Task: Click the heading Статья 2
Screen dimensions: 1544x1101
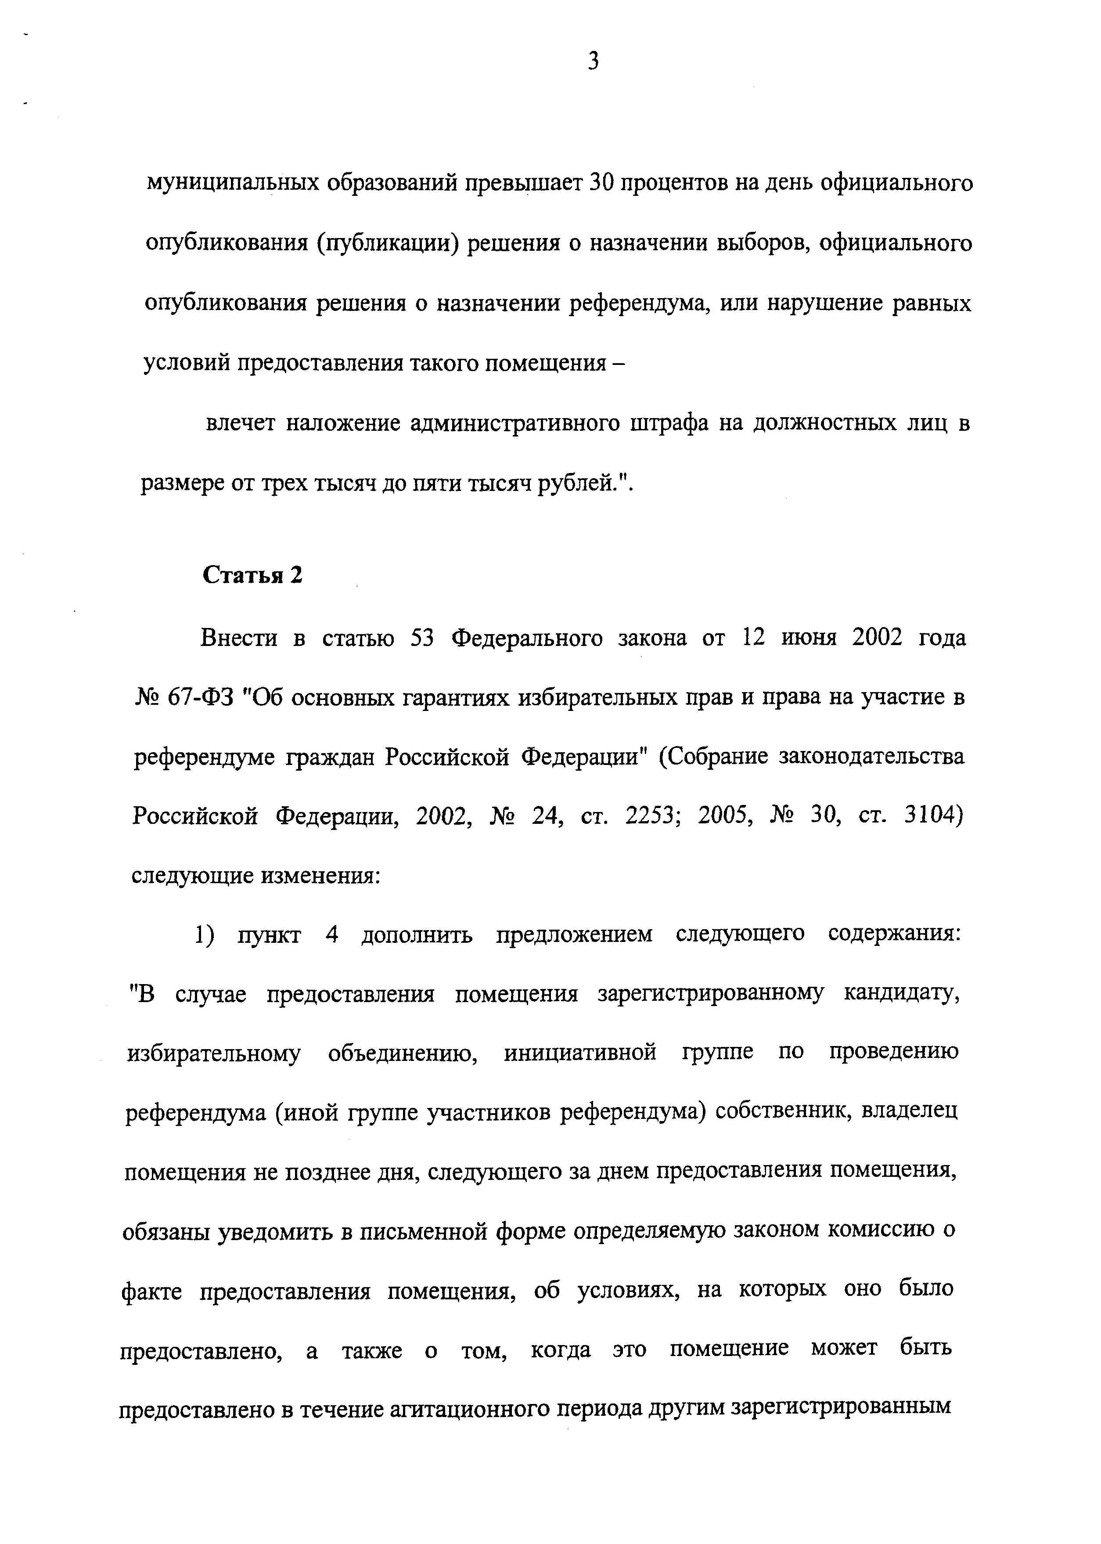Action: pyautogui.click(x=253, y=575)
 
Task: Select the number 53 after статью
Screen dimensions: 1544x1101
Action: pyautogui.click(x=422, y=638)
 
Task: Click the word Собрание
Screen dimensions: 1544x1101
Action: pyautogui.click(x=720, y=756)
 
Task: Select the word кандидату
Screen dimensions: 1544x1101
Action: pyautogui.click(x=902, y=994)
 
